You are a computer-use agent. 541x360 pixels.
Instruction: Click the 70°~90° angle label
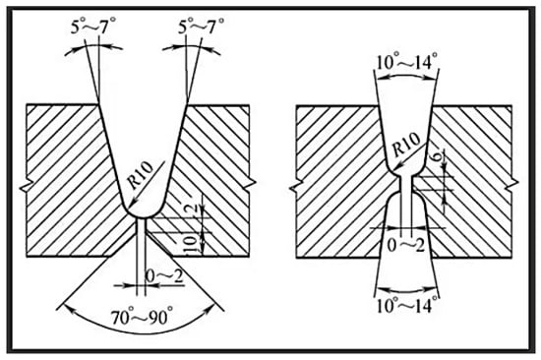click(x=142, y=317)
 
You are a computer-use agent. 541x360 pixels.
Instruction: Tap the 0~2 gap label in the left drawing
click(x=164, y=275)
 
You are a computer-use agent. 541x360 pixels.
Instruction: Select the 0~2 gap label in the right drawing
click(x=405, y=245)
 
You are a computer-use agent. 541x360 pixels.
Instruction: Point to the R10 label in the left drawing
click(x=141, y=175)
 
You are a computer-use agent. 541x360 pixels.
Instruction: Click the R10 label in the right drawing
click(x=407, y=144)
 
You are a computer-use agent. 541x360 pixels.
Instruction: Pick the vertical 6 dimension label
click(x=436, y=157)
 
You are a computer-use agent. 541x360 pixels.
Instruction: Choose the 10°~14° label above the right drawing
click(x=406, y=62)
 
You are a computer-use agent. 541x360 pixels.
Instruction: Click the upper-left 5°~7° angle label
click(x=93, y=27)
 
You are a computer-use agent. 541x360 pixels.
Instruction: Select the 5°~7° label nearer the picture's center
click(x=201, y=26)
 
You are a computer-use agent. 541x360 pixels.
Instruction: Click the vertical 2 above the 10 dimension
click(x=194, y=209)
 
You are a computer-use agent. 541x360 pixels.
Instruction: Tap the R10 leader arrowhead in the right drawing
click(x=396, y=168)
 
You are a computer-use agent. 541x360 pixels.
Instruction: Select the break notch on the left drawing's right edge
click(x=251, y=184)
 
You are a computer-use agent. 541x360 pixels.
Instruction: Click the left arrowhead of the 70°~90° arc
click(x=68, y=309)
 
